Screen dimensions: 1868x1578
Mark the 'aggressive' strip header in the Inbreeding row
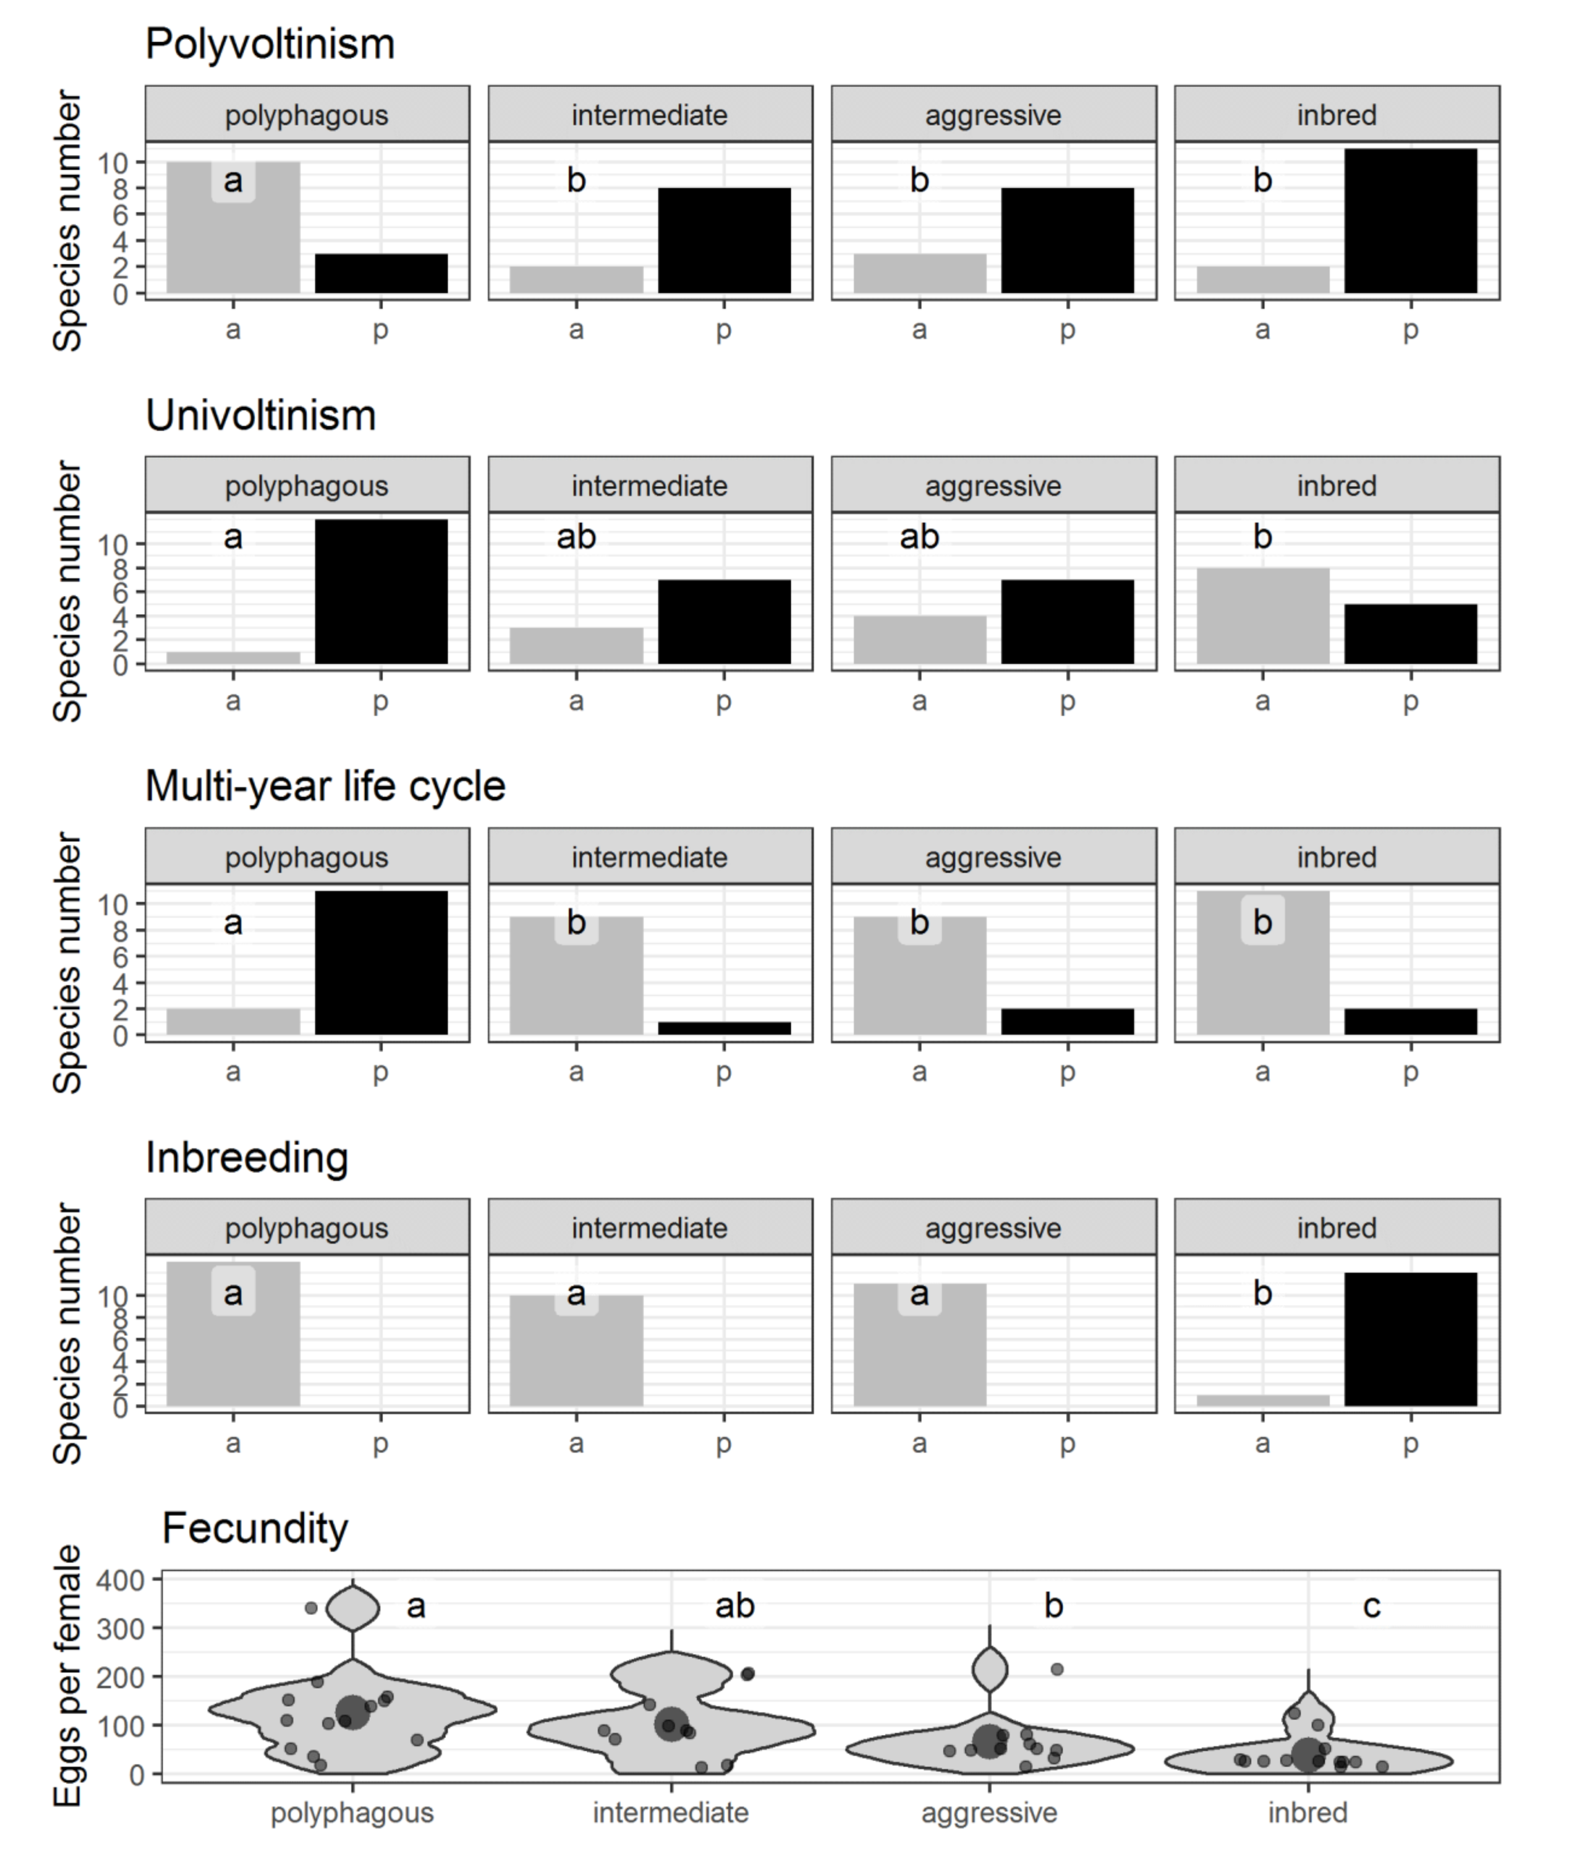point(993,1228)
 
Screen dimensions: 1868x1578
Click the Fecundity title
point(255,1528)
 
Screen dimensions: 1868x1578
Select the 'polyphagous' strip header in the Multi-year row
point(307,857)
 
